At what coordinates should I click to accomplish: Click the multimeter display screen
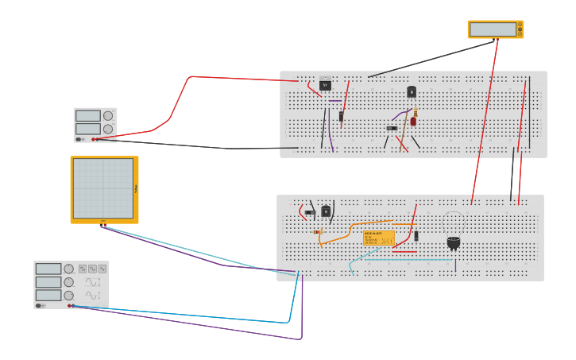(493, 29)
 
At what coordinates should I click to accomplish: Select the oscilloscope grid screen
(103, 188)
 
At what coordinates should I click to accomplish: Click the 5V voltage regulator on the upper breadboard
(325, 85)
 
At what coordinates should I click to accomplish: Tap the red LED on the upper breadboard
(413, 122)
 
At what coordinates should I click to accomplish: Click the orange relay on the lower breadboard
(379, 238)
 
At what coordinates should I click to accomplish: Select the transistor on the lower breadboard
(326, 211)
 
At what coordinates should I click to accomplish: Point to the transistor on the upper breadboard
(412, 92)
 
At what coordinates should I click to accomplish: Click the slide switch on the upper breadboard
(392, 128)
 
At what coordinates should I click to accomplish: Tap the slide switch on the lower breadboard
(310, 212)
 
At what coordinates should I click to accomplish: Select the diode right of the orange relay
(416, 235)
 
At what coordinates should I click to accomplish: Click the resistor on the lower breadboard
(318, 232)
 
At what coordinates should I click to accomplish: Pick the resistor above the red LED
(415, 112)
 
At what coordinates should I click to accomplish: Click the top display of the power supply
(87, 116)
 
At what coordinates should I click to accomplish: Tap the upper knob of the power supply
(108, 116)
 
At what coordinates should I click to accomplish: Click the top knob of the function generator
(69, 269)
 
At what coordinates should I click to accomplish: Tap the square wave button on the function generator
(83, 269)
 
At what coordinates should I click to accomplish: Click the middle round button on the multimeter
(520, 29)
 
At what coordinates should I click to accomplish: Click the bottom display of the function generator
(48, 295)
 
